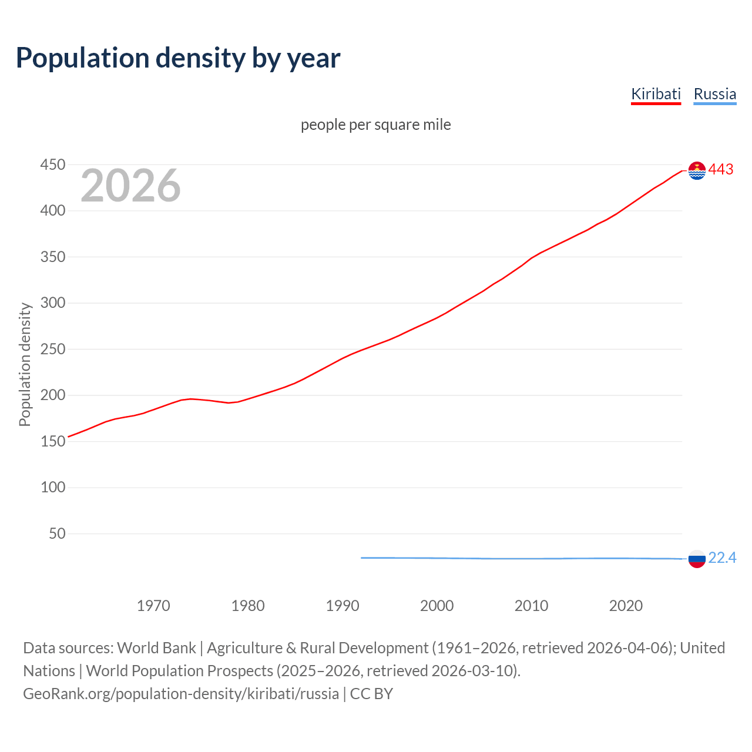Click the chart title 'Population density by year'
(178, 58)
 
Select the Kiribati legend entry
(656, 94)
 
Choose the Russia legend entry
(714, 94)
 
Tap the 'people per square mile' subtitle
(375, 125)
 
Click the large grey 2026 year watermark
(130, 186)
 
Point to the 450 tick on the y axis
(52, 165)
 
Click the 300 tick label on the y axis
(52, 303)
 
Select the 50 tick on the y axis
(57, 534)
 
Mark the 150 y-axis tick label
(52, 442)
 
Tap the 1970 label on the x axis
(153, 606)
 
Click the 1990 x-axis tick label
(343, 606)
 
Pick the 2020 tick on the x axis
(626, 606)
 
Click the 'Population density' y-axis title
(25, 364)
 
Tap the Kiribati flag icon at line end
(697, 170)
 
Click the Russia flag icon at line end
(697, 559)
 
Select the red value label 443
(721, 170)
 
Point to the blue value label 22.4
(722, 558)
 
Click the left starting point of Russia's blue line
(362, 558)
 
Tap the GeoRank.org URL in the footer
(181, 694)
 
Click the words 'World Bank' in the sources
(156, 648)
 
